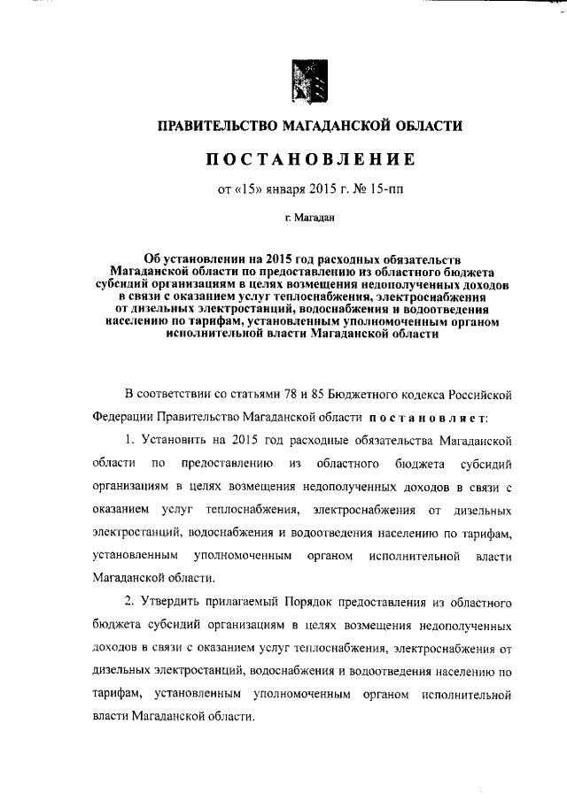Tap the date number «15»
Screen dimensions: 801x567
pyautogui.click(x=248, y=188)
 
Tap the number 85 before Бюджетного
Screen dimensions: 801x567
pyautogui.click(x=322, y=393)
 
